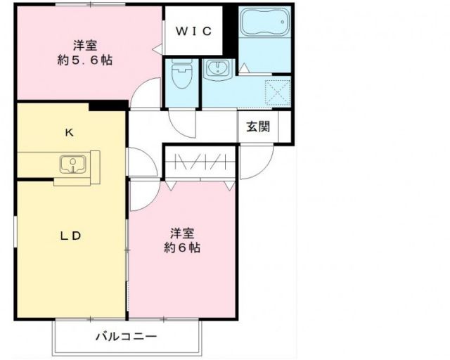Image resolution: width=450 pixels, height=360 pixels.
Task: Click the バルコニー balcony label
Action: click(127, 337)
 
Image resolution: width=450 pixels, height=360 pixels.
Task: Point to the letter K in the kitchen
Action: click(70, 131)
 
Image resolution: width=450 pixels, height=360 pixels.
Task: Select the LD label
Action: click(70, 236)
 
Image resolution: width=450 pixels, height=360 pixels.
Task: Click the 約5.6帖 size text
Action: click(85, 60)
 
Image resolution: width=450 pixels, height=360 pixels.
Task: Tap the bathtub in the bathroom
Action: click(264, 23)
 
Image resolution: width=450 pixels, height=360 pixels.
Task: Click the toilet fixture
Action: click(182, 75)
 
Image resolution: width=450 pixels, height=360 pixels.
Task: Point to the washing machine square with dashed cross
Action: click(277, 92)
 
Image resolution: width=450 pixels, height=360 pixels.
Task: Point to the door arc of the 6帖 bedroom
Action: click(142, 195)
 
